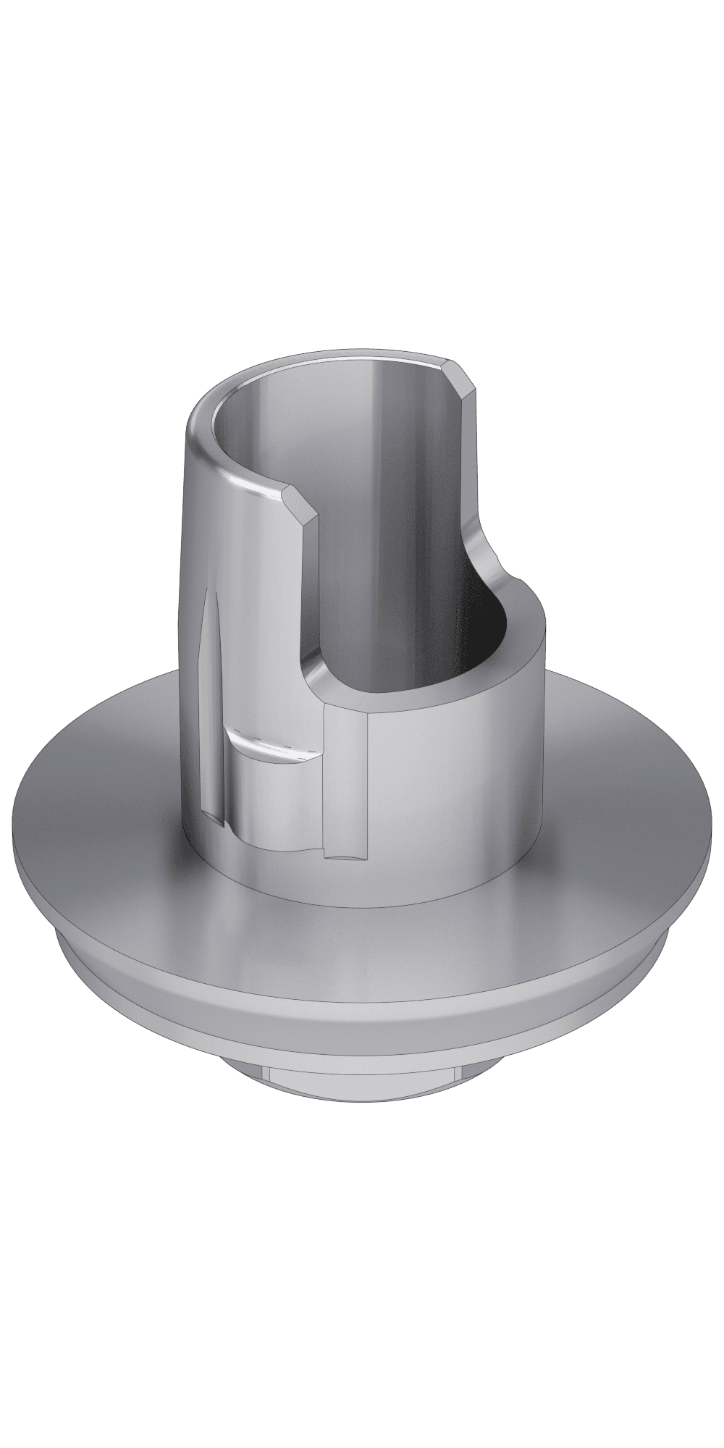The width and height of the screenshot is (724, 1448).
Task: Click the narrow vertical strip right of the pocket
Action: [x=346, y=782]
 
